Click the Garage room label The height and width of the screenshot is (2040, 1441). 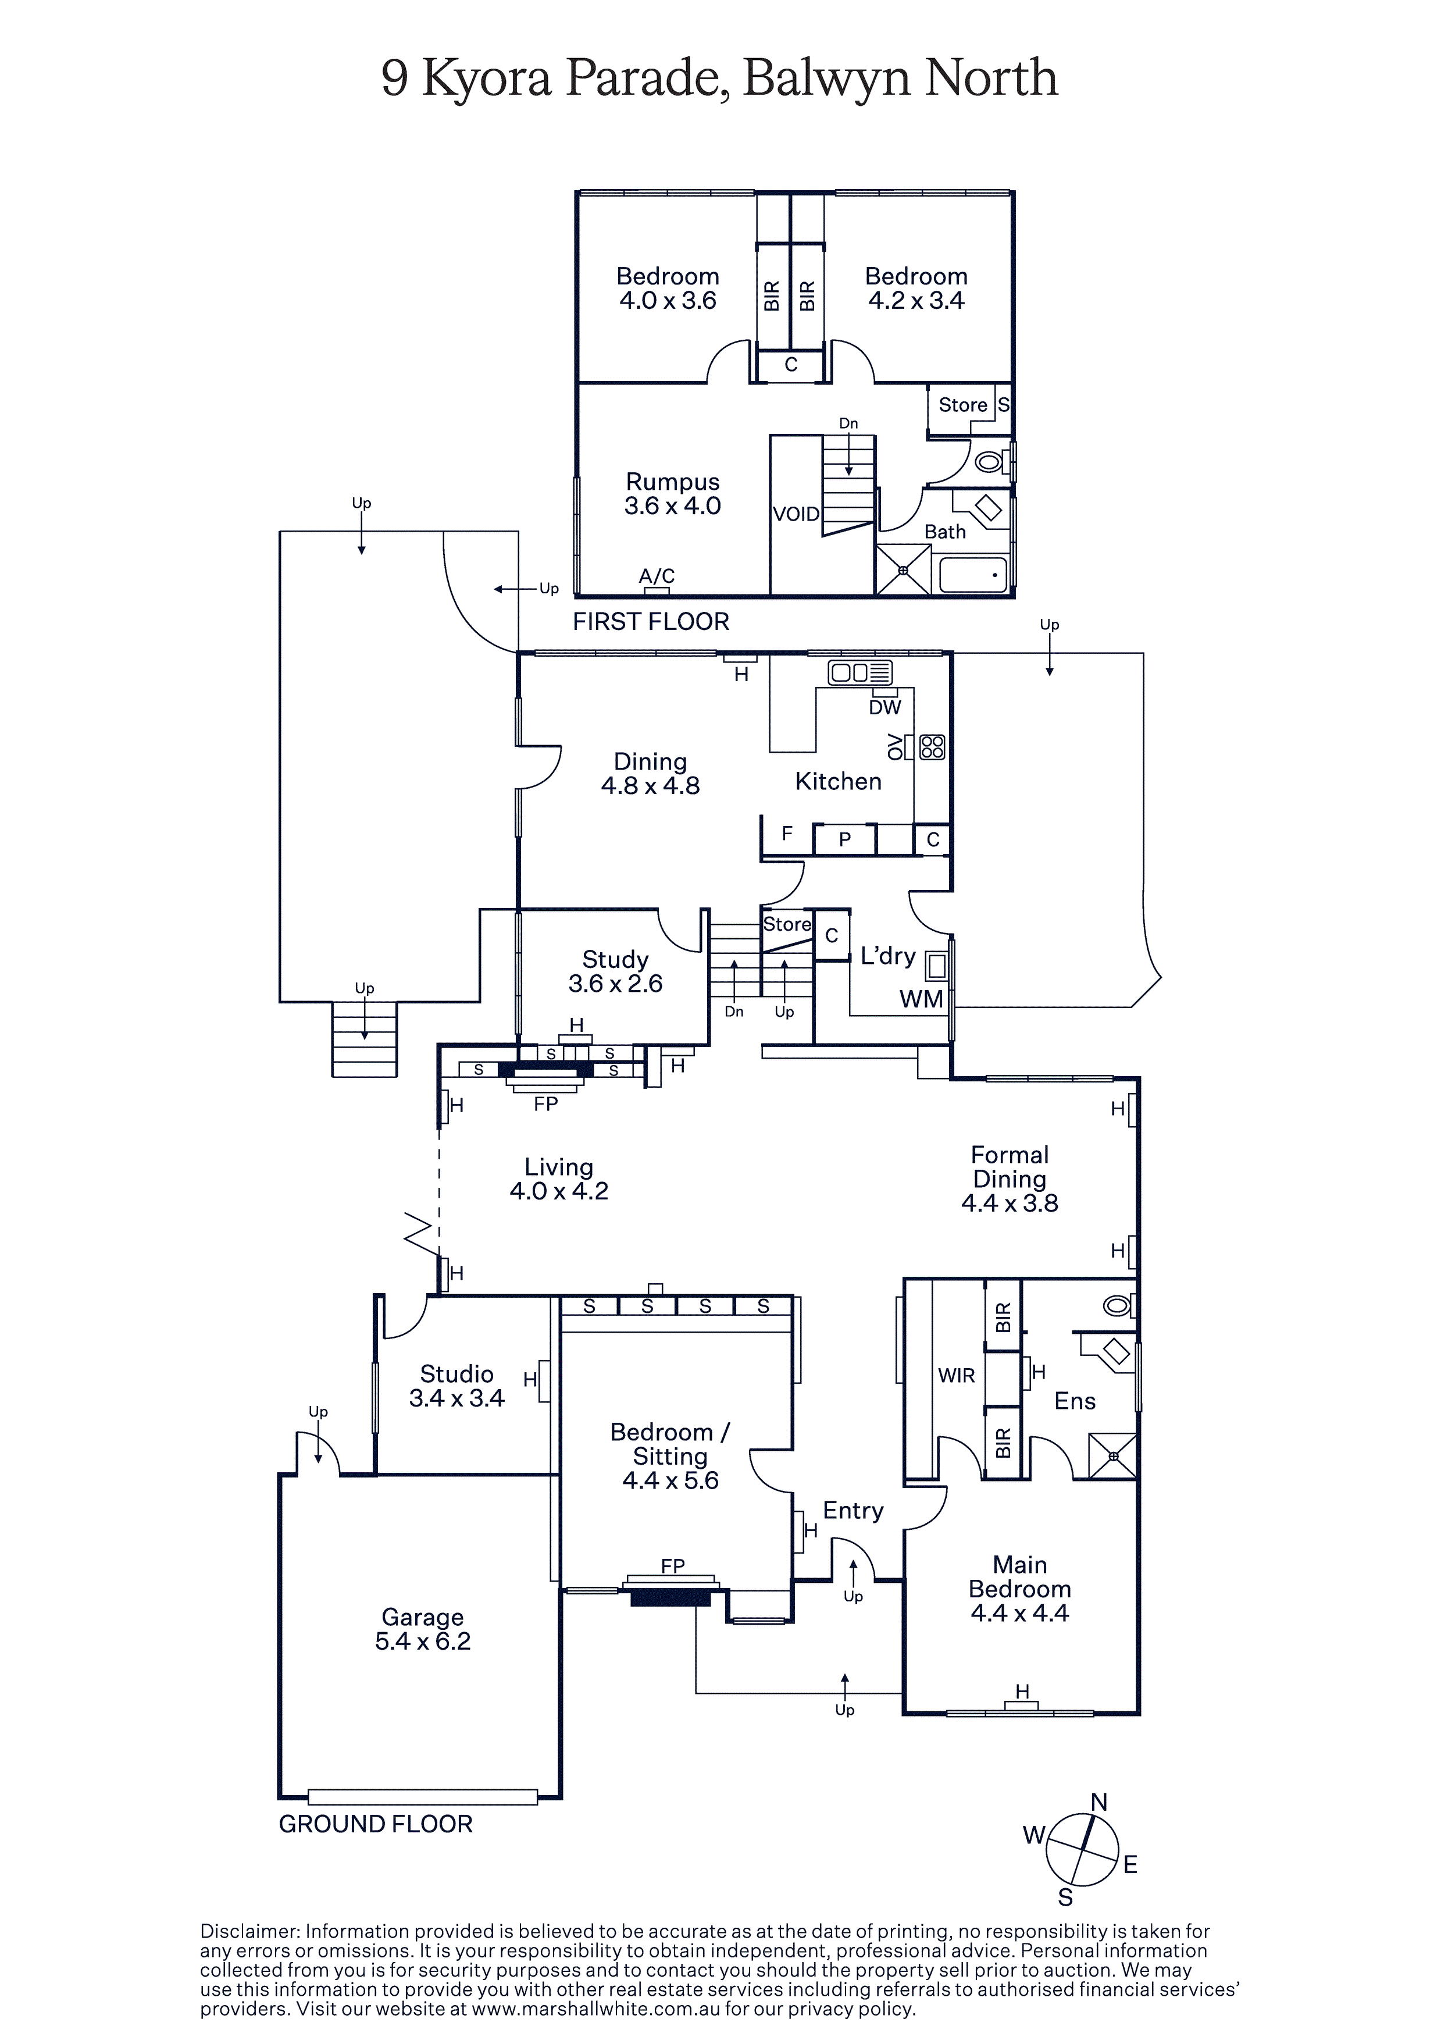coord(422,1617)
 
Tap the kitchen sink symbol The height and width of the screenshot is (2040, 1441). coord(859,672)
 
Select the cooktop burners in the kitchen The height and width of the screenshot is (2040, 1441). coord(932,746)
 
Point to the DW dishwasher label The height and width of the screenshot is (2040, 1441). coord(885,707)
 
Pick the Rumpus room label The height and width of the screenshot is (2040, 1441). coord(673,482)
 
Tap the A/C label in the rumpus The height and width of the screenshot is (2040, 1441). coord(657,576)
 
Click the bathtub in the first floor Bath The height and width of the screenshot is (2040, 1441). coord(973,575)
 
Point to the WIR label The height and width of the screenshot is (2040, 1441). coord(956,1375)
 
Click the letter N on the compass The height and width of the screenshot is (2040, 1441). coord(1099,1803)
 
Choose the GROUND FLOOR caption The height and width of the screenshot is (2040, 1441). coord(375,1824)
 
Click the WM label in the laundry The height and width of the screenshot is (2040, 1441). coord(921,999)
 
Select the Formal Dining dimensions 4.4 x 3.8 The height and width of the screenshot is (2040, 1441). coord(1010,1203)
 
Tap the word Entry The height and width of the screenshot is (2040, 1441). coord(853,1511)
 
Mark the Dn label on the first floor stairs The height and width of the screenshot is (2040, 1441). coord(848,424)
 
